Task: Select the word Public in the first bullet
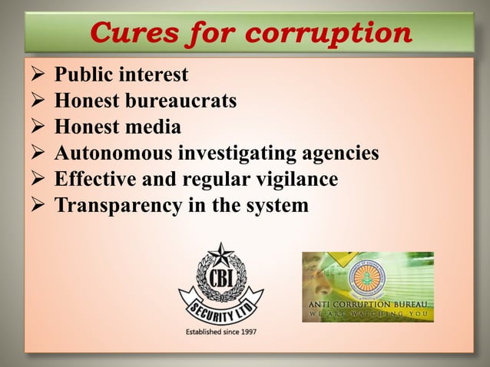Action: [84, 75]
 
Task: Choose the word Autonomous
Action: [114, 154]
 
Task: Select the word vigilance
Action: [296, 180]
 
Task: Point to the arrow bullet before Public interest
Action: [36, 75]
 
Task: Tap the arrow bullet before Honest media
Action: [36, 127]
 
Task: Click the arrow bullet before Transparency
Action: [36, 206]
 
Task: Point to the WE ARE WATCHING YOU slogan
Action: [368, 313]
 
